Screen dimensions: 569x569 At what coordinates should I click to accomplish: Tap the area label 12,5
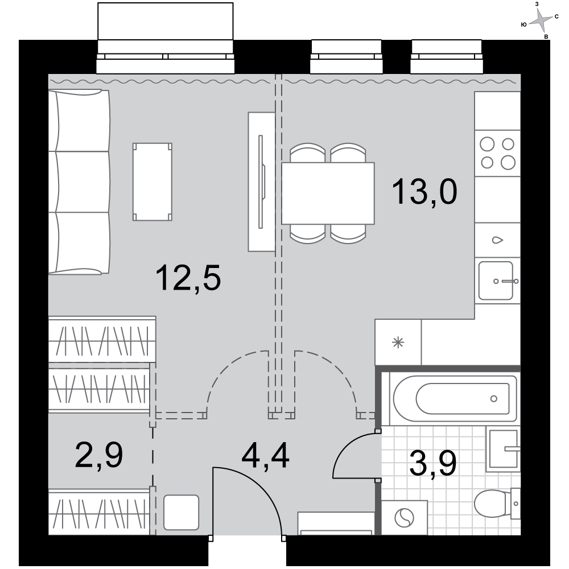188,278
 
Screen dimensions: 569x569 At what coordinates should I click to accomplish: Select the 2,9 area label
99,455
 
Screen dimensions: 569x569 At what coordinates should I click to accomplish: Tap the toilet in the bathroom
497,504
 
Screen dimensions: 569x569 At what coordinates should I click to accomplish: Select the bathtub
455,398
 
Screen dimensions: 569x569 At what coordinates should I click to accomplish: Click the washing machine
404,517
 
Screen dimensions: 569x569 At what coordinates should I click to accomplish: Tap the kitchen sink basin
496,281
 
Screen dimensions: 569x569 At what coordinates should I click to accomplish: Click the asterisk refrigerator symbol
398,342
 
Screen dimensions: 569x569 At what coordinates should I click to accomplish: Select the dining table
328,193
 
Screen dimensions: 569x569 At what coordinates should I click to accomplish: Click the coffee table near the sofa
152,182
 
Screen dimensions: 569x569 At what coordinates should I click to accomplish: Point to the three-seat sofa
79,182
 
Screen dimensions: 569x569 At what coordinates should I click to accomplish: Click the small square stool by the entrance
181,513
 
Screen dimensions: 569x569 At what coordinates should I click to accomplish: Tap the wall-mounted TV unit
262,182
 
